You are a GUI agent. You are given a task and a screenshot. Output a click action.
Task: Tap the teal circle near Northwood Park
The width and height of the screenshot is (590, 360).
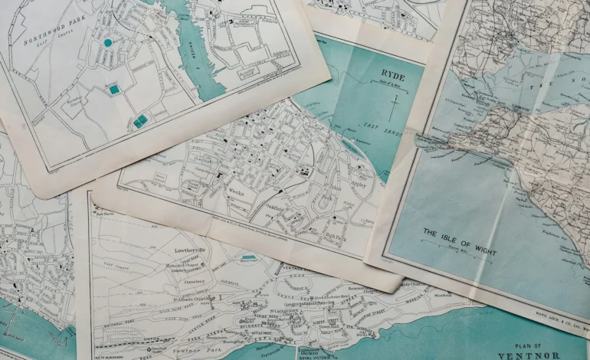pos(107,43)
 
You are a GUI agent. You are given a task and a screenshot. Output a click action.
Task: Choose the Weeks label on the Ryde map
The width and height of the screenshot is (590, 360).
pos(236,193)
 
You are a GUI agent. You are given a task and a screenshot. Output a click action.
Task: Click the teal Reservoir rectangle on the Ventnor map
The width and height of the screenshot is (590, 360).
pos(248,258)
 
